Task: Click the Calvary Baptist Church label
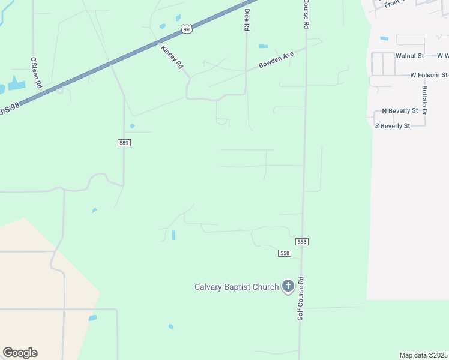[x=237, y=287]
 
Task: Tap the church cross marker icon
[x=288, y=287]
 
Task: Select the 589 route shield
[x=124, y=143]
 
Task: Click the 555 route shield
[x=302, y=241]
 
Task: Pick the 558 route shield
[x=285, y=254]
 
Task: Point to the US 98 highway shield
[x=187, y=29]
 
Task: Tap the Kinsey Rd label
[x=172, y=57]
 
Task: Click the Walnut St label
[x=410, y=56]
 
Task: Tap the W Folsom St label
[x=429, y=76]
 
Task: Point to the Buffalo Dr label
[x=424, y=100]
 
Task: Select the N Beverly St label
[x=400, y=111]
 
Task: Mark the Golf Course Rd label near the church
[x=301, y=298]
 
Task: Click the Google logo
[x=20, y=353]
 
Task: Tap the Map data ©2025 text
[x=423, y=355]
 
